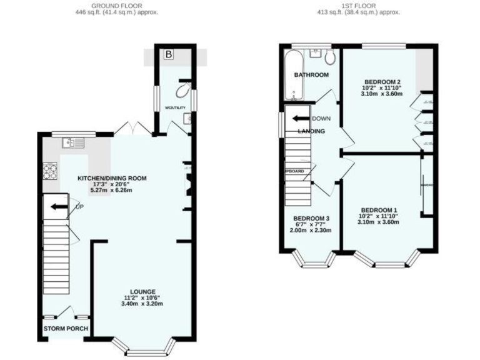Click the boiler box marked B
coord(168,55)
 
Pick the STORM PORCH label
coord(66,328)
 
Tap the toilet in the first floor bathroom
coord(329,58)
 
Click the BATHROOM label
coord(311,75)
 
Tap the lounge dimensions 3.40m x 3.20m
coord(142,304)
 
